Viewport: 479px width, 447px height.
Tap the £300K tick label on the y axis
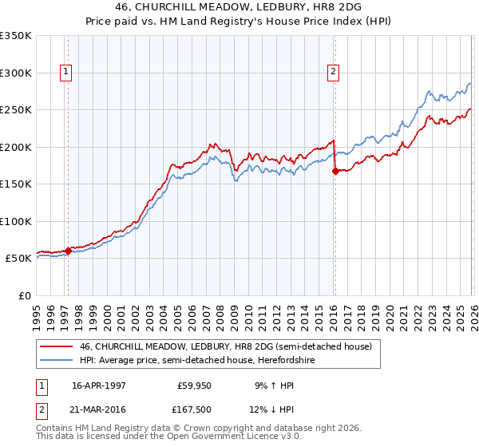coord(16,73)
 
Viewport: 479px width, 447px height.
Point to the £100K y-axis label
coord(16,221)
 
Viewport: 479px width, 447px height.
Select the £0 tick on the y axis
coord(25,295)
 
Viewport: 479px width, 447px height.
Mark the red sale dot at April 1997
coord(69,251)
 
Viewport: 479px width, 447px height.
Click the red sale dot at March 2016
coord(335,171)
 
